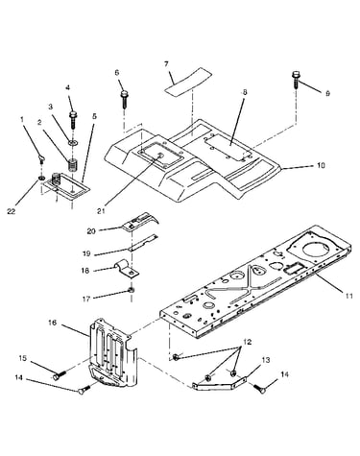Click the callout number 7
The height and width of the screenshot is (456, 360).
(166, 64)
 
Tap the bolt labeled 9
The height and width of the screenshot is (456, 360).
(296, 80)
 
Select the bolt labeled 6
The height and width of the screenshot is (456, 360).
(124, 99)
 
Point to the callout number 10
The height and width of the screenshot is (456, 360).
(321, 165)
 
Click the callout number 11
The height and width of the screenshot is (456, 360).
(349, 296)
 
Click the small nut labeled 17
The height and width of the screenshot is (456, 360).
(131, 291)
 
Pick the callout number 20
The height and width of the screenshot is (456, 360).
(91, 231)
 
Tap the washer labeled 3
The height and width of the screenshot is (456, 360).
(72, 142)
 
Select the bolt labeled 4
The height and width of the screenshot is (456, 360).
(73, 119)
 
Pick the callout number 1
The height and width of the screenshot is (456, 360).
(22, 119)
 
